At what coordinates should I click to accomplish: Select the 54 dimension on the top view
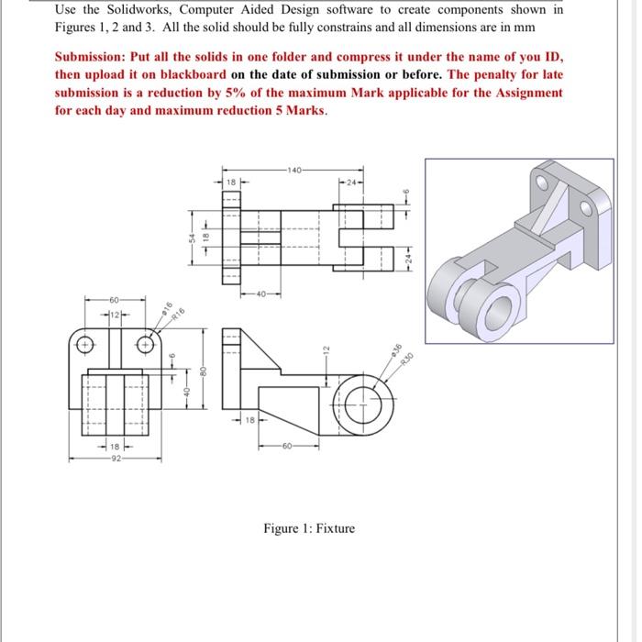190,237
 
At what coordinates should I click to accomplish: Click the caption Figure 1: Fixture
308,528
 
